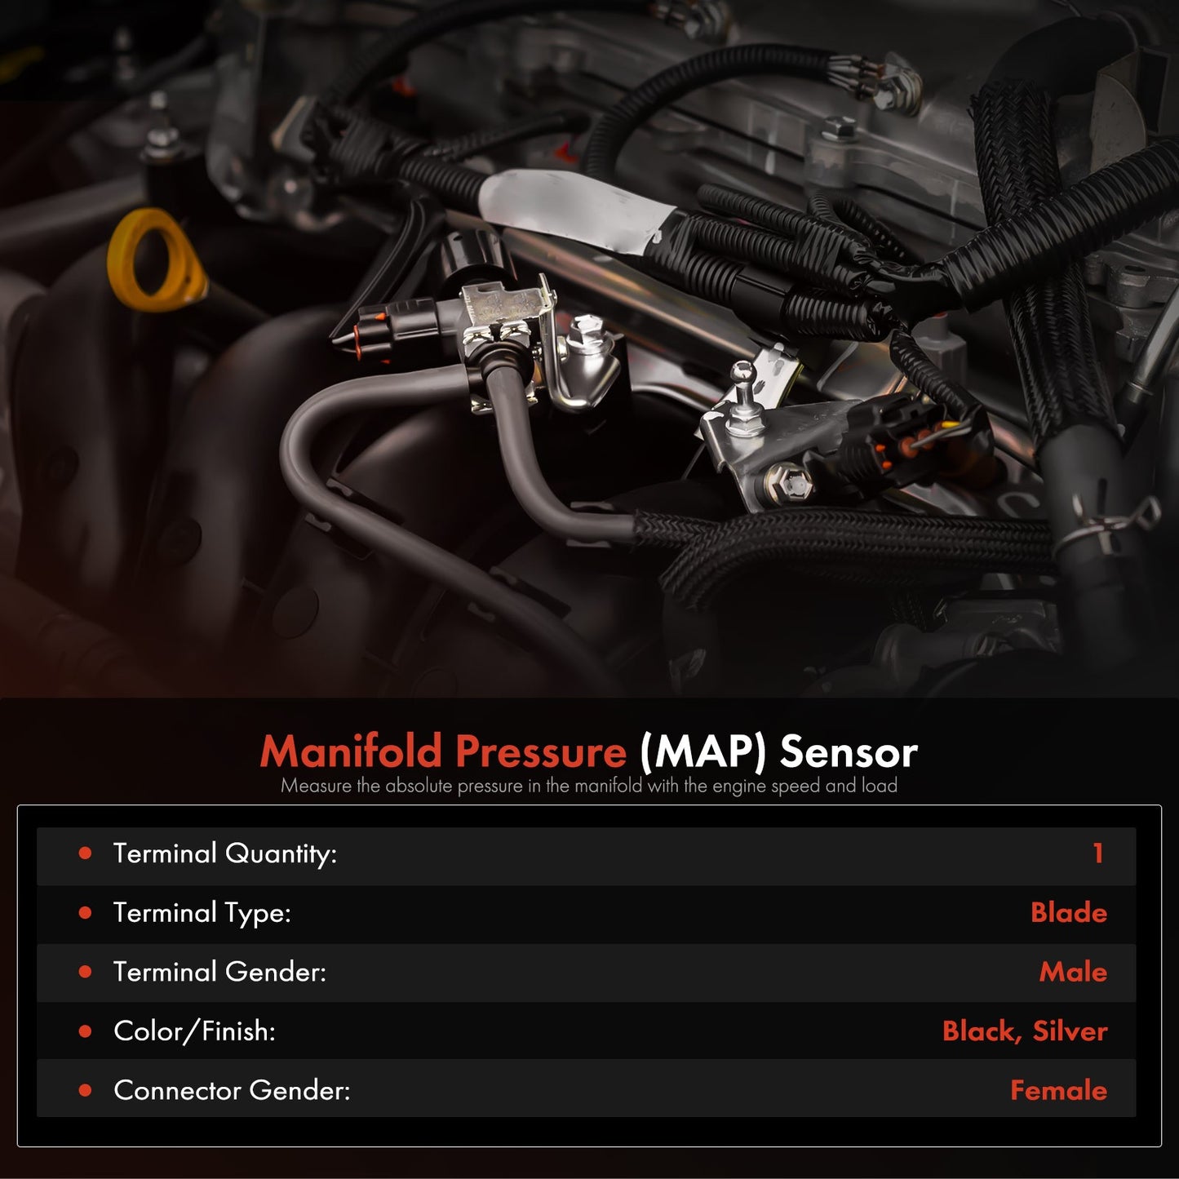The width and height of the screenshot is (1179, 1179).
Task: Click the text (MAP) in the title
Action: click(703, 752)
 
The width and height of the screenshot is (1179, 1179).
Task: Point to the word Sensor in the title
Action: click(849, 752)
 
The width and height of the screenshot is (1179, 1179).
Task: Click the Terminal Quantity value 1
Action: click(1098, 853)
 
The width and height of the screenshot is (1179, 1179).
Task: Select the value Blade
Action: click(1069, 912)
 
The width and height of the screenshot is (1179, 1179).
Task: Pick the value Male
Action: click(1073, 972)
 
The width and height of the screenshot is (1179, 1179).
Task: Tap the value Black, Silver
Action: click(1025, 1031)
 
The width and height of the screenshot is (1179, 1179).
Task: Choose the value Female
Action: click(1058, 1090)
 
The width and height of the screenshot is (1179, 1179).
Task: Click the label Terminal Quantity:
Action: click(225, 854)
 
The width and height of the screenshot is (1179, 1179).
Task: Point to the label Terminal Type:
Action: click(202, 914)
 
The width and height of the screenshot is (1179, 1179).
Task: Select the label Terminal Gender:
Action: click(219, 972)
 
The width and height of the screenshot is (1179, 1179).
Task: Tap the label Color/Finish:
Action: click(194, 1031)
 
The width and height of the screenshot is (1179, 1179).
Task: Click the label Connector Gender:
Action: click(232, 1090)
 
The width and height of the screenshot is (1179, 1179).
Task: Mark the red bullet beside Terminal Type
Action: click(86, 913)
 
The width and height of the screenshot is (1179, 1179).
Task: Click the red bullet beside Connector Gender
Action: click(86, 1090)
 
